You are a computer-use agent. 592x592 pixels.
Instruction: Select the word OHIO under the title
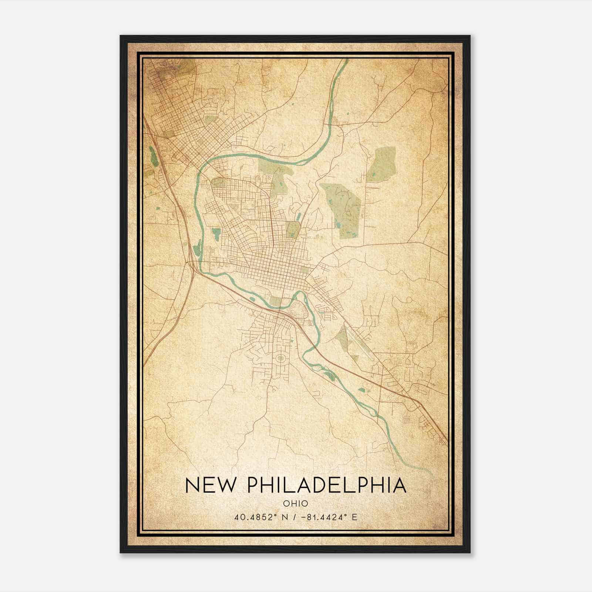(x=296, y=503)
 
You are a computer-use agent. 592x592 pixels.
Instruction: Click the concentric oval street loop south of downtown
(x=280, y=358)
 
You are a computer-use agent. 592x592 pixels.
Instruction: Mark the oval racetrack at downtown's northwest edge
(x=218, y=181)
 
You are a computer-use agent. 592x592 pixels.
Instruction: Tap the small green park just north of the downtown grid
(x=293, y=229)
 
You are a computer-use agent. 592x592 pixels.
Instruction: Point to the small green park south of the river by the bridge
(x=275, y=301)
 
